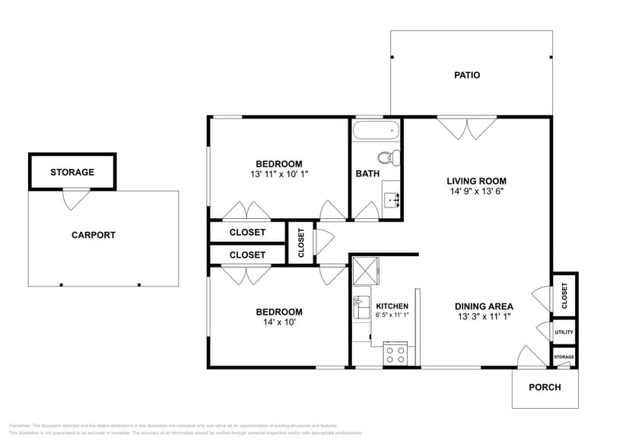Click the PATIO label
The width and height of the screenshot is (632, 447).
[x=467, y=75]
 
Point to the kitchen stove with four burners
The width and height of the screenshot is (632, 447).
[x=395, y=353]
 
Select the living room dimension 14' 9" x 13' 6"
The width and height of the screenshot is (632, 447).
[x=476, y=192]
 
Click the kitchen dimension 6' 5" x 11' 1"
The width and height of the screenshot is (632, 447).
[x=392, y=315]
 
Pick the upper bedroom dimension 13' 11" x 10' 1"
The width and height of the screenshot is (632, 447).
[x=278, y=174]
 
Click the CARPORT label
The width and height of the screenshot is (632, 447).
[x=94, y=235]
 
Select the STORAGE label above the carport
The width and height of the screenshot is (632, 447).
[x=72, y=172]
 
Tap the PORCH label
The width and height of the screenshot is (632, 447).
[x=545, y=387]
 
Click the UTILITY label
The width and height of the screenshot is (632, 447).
[x=564, y=332]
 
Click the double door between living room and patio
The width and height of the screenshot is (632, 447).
[x=466, y=128]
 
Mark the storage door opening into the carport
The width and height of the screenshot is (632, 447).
[x=76, y=198]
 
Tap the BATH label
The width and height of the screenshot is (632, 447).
[x=367, y=173]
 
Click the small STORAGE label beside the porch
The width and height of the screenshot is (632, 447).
[x=564, y=357]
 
